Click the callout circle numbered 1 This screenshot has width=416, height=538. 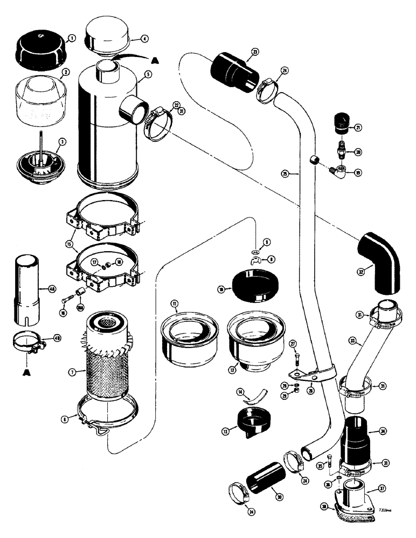72,38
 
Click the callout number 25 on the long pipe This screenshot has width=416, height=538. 285,173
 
